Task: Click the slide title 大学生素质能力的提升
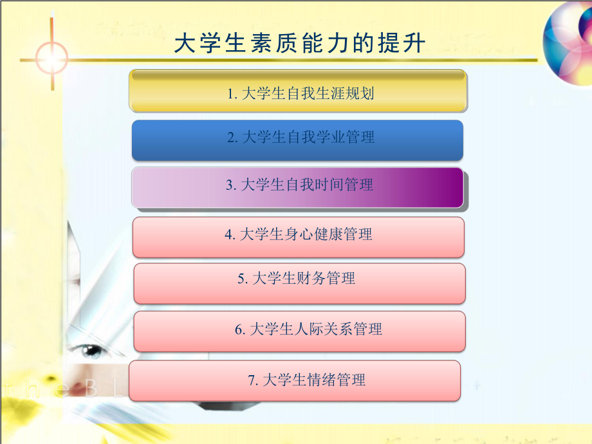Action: click(300, 44)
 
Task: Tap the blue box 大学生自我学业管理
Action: click(297, 139)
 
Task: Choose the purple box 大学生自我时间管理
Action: click(297, 187)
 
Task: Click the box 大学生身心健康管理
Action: click(298, 236)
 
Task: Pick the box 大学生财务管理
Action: click(299, 282)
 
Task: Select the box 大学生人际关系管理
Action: click(299, 331)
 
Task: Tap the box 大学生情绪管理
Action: click(295, 380)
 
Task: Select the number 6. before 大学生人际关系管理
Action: click(239, 330)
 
